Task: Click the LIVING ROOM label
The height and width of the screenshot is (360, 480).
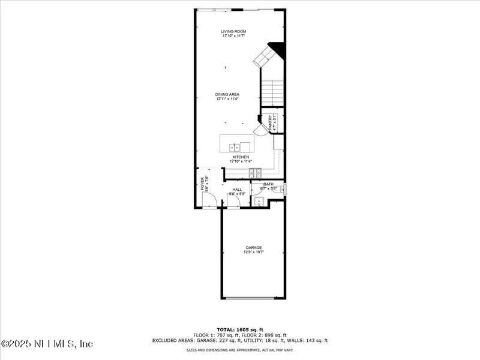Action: [x=233, y=31]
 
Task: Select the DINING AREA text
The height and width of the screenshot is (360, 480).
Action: [x=228, y=94]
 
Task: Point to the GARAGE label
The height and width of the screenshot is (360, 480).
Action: [x=253, y=247]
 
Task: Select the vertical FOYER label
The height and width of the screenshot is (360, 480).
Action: [x=203, y=183]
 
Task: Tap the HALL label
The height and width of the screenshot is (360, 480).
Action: [x=238, y=190]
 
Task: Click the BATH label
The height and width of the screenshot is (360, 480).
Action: [x=268, y=184]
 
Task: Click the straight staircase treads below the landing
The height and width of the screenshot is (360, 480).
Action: [x=272, y=93]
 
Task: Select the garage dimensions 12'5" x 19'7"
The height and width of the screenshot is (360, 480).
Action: [x=253, y=253]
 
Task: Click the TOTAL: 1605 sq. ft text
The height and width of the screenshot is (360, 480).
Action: [x=239, y=330]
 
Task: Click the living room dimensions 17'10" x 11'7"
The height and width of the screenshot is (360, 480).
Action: [x=233, y=36]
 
